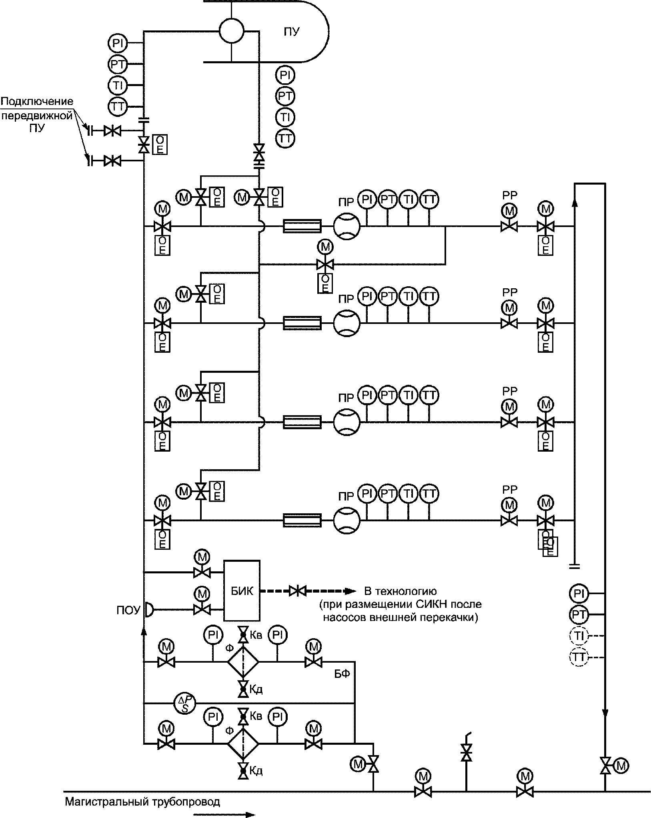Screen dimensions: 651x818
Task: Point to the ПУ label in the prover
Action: coord(291,32)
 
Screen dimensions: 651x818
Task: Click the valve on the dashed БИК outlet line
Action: coord(297,590)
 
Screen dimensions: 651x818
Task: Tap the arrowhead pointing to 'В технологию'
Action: coord(351,591)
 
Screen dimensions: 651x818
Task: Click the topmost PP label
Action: coord(510,195)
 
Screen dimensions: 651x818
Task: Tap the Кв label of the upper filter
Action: coord(256,635)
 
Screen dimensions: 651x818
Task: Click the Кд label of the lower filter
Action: coord(256,771)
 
